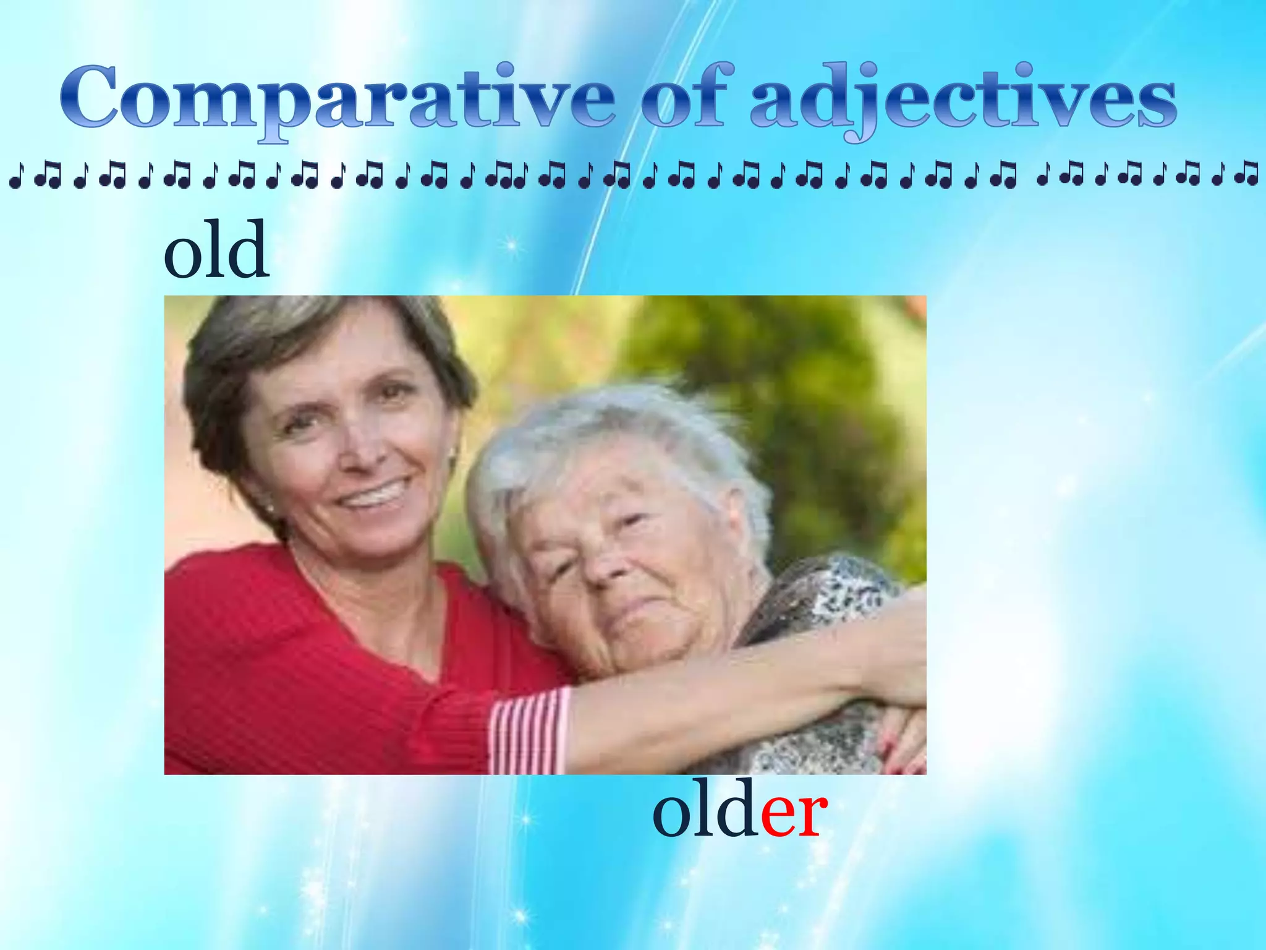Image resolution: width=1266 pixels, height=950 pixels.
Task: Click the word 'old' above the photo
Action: click(x=216, y=250)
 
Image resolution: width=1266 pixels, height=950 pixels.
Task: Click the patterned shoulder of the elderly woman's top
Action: click(x=822, y=594)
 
